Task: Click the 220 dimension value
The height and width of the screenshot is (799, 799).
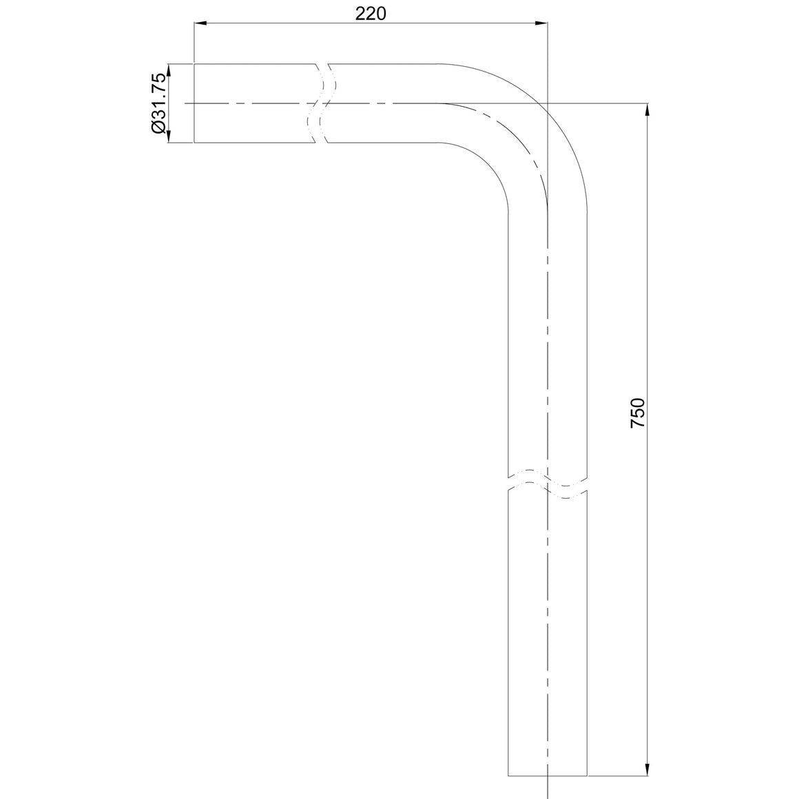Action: [371, 14]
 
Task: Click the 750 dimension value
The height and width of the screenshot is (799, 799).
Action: [637, 413]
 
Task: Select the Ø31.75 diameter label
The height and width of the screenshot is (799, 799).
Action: [158, 103]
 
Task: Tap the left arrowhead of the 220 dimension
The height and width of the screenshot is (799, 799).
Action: [200, 23]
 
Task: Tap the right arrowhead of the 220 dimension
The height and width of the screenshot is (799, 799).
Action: [541, 23]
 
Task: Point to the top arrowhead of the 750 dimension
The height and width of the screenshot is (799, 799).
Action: [647, 110]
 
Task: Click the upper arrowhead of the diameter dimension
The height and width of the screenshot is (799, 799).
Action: [169, 70]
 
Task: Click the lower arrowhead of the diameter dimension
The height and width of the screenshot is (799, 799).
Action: [169, 136]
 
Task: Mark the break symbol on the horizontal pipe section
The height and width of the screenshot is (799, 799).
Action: [322, 103]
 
